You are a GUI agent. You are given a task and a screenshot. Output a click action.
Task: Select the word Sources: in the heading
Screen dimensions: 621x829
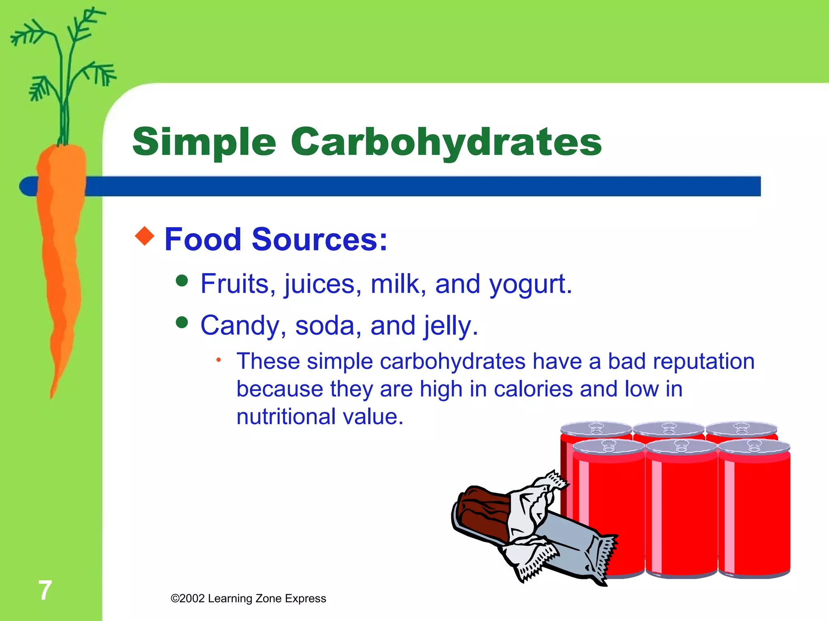coord(319,239)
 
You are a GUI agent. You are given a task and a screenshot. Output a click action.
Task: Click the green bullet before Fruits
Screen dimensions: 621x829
coord(182,281)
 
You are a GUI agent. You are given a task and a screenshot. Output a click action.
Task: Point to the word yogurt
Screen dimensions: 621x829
coord(531,285)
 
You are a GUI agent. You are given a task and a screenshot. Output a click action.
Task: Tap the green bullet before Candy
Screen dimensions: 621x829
coord(182,322)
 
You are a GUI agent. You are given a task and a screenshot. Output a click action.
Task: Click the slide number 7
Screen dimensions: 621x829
coord(45,590)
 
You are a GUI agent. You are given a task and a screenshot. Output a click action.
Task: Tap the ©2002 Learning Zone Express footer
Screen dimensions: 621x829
coord(248,598)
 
